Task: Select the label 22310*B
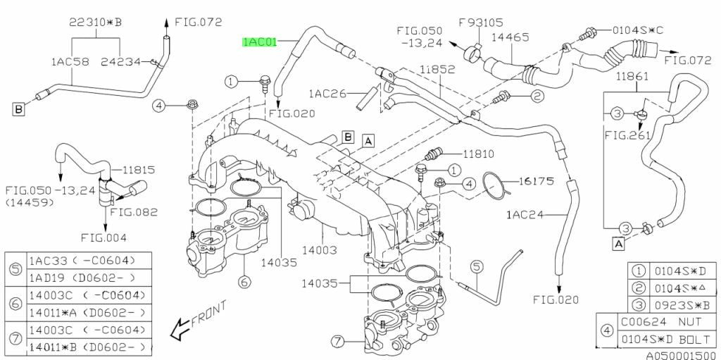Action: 95,23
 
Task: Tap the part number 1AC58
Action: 69,62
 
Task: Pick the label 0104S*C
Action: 637,30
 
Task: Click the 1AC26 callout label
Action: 326,92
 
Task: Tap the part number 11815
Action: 139,170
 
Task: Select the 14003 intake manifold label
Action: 321,250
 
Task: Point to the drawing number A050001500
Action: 681,354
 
